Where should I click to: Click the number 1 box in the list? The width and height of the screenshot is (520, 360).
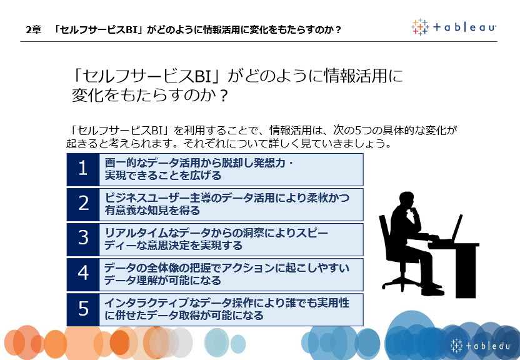coord(83,169)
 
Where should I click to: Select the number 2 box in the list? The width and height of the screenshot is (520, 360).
coord(83,204)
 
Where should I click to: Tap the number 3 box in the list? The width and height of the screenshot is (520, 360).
coord(83,239)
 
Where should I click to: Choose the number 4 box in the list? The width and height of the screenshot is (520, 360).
coord(83,274)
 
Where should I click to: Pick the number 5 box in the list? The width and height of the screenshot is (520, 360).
coord(83,309)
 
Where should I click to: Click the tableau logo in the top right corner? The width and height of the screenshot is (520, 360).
coord(453,27)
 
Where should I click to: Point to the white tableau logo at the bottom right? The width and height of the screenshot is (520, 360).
coord(480,346)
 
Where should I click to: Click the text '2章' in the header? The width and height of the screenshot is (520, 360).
coord(33,30)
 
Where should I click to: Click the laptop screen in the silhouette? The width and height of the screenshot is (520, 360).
coord(457,227)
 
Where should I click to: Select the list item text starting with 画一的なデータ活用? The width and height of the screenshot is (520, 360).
coord(199,169)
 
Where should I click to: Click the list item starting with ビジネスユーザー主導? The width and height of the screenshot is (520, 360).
coord(227,204)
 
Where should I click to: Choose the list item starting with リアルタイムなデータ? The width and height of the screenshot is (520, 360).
coord(216,239)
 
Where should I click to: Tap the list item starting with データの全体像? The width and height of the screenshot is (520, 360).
coord(227,274)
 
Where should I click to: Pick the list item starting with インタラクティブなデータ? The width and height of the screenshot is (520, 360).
coord(227,309)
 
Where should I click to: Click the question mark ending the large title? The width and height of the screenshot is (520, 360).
coord(224,96)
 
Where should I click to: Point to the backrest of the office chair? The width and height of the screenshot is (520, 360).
coord(385,234)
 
